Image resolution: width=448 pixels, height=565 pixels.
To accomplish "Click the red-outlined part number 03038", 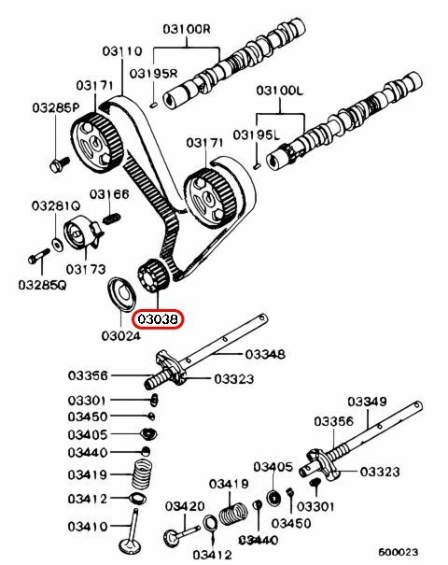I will (x=160, y=319).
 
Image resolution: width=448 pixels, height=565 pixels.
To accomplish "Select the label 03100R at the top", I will (x=188, y=28).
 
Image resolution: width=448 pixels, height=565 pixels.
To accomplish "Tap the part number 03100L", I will (x=281, y=92).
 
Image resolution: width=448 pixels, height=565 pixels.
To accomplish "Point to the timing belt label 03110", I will (x=121, y=50).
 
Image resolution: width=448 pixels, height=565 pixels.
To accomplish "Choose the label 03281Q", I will (x=54, y=205).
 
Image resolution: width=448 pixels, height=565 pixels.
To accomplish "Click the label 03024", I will (x=119, y=334).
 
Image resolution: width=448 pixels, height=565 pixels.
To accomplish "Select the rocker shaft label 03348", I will (x=265, y=354).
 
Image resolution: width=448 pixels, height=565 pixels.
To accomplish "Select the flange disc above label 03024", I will (x=121, y=293).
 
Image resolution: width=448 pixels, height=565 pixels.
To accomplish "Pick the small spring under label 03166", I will (x=110, y=219).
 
